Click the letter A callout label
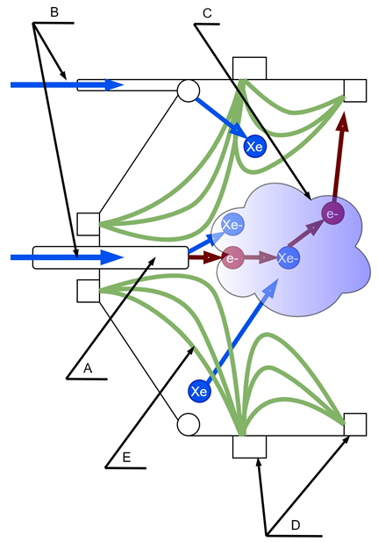click(x=88, y=368)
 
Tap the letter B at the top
click(x=54, y=12)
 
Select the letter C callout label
click(x=207, y=13)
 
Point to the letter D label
click(x=296, y=525)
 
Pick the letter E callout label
click(x=126, y=458)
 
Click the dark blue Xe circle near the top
click(x=255, y=147)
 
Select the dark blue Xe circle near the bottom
click(x=199, y=391)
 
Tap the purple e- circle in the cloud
click(x=332, y=214)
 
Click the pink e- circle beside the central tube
click(x=232, y=258)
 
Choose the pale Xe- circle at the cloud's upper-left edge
click(x=232, y=225)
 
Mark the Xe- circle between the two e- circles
click(x=289, y=258)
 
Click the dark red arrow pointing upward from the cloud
click(x=339, y=156)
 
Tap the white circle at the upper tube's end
click(x=189, y=90)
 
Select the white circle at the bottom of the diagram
click(x=189, y=424)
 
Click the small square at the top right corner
click(x=355, y=90)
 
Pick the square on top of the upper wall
click(x=250, y=69)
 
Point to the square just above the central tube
click(x=88, y=224)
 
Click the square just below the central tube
click(x=88, y=291)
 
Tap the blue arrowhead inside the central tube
click(x=112, y=257)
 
